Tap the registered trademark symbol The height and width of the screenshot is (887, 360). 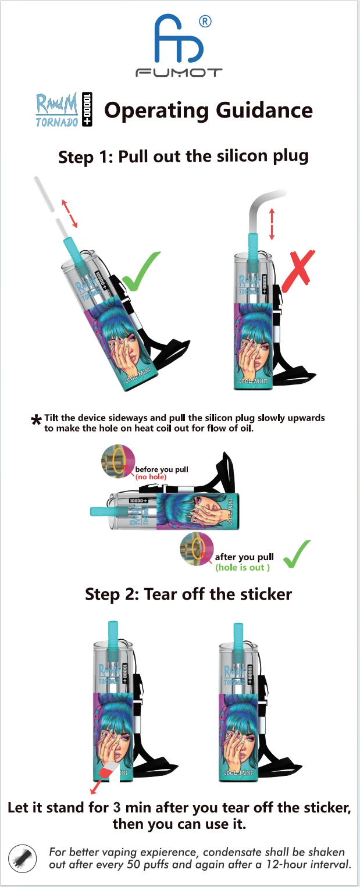[205, 22]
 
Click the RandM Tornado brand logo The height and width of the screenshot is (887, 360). [64, 110]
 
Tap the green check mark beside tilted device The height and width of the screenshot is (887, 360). [141, 271]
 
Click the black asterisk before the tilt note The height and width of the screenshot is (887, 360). [36, 420]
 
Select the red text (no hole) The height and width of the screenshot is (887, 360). [151, 477]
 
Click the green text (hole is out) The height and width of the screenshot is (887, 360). [243, 567]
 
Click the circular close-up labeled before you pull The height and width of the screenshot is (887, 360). [118, 461]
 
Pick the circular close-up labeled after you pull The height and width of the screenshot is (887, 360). [197, 549]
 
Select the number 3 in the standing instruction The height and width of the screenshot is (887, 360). [117, 807]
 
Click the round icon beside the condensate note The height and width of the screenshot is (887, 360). [23, 858]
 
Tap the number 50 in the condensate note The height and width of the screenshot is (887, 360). [135, 864]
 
